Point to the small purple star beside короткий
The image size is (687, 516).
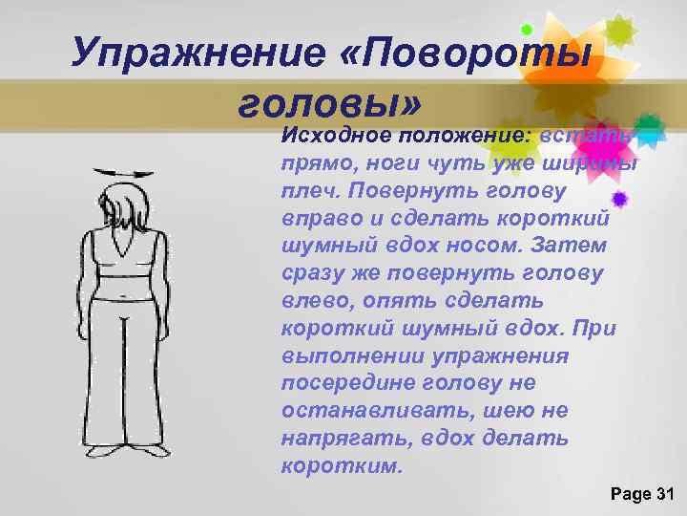(x=619, y=199)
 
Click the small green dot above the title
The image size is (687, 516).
(x=526, y=30)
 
